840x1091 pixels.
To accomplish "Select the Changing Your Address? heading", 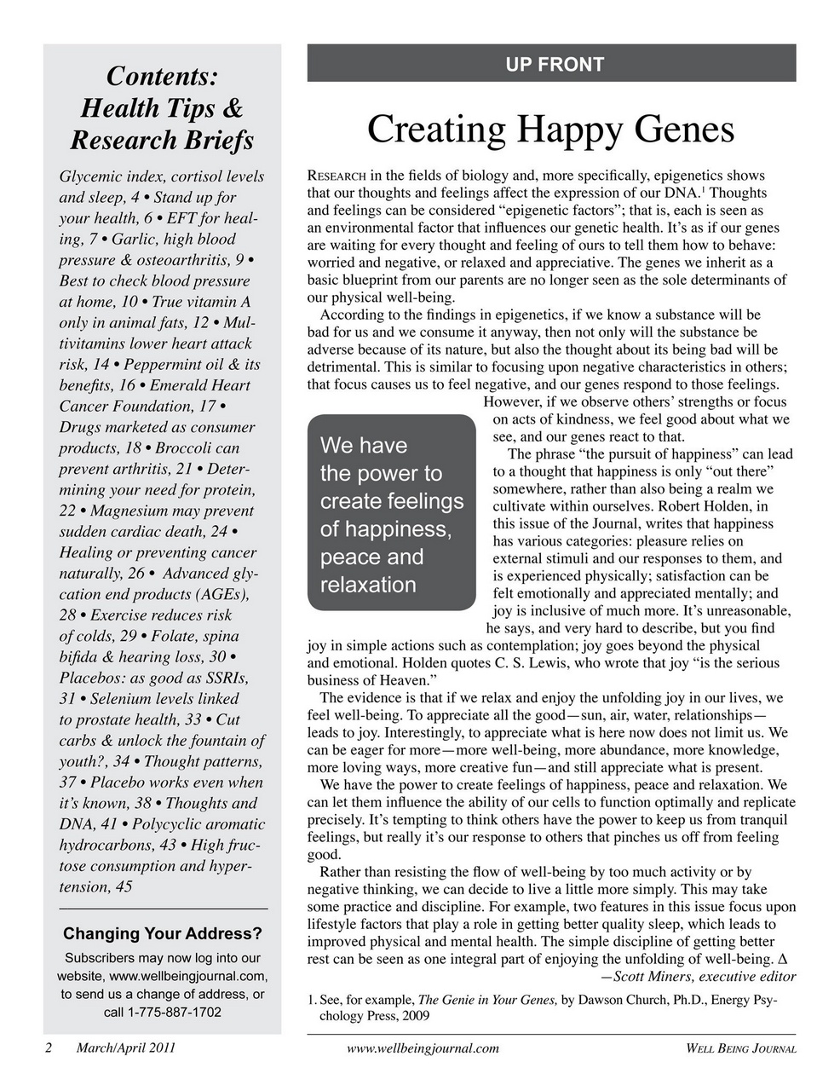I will click(162, 933).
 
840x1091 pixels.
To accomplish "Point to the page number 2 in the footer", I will click(49, 1048).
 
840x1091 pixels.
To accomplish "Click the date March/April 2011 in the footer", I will click(126, 1048).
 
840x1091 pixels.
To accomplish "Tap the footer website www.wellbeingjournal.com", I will click(423, 1048).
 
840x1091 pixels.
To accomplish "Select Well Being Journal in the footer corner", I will click(740, 1048).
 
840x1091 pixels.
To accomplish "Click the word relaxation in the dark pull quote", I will click(368, 585).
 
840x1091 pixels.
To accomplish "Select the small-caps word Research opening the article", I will click(337, 176).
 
